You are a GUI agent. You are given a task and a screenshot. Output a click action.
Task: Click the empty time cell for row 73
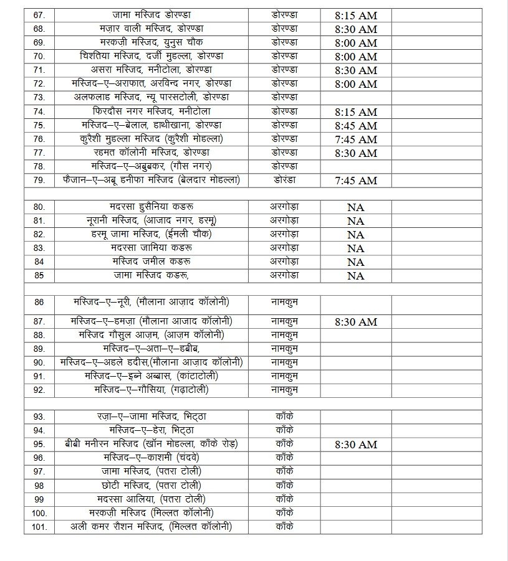point(356,98)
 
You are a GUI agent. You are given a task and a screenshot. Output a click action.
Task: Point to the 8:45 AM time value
point(356,125)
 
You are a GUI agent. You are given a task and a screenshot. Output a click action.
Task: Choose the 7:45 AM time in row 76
point(356,139)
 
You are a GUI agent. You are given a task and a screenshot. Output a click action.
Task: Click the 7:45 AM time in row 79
point(356,181)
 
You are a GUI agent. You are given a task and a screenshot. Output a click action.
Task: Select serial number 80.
point(39,207)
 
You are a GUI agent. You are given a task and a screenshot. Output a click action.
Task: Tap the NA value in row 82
point(356,235)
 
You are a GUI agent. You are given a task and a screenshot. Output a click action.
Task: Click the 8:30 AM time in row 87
point(356,322)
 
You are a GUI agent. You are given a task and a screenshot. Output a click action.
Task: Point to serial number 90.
point(39,362)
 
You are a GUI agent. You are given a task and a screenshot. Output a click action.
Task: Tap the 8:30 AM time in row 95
point(356,445)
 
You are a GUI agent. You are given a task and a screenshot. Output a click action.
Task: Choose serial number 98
point(39,485)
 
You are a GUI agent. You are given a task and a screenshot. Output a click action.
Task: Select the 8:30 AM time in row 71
point(356,70)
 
